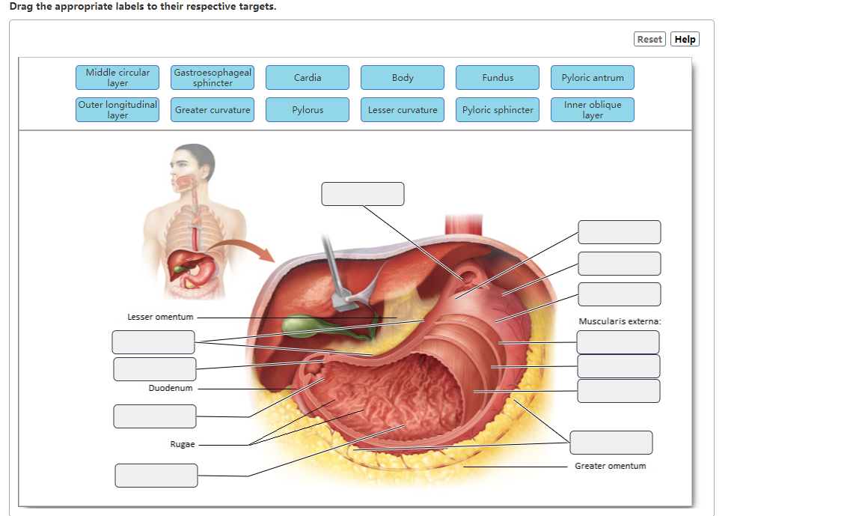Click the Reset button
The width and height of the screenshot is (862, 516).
click(649, 40)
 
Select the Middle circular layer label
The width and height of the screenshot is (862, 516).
click(117, 78)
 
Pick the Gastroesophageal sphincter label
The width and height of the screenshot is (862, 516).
click(213, 78)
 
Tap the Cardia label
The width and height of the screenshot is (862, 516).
click(308, 78)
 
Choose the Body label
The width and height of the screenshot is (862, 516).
click(403, 78)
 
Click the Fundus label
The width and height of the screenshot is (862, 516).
click(498, 78)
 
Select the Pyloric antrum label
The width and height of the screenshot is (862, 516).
click(593, 78)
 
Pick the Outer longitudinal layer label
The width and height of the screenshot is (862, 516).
click(117, 110)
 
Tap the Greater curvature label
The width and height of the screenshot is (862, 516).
click(213, 110)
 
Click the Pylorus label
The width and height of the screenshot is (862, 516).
click(308, 110)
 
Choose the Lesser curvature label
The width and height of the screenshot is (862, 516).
click(403, 110)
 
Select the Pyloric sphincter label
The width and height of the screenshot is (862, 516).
click(498, 110)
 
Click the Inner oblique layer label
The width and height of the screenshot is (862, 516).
click(593, 110)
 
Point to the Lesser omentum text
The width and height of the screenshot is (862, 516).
click(160, 317)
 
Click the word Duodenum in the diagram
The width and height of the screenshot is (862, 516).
click(171, 388)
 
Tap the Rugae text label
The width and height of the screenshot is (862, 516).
click(183, 444)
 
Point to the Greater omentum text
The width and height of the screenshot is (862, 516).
click(610, 466)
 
